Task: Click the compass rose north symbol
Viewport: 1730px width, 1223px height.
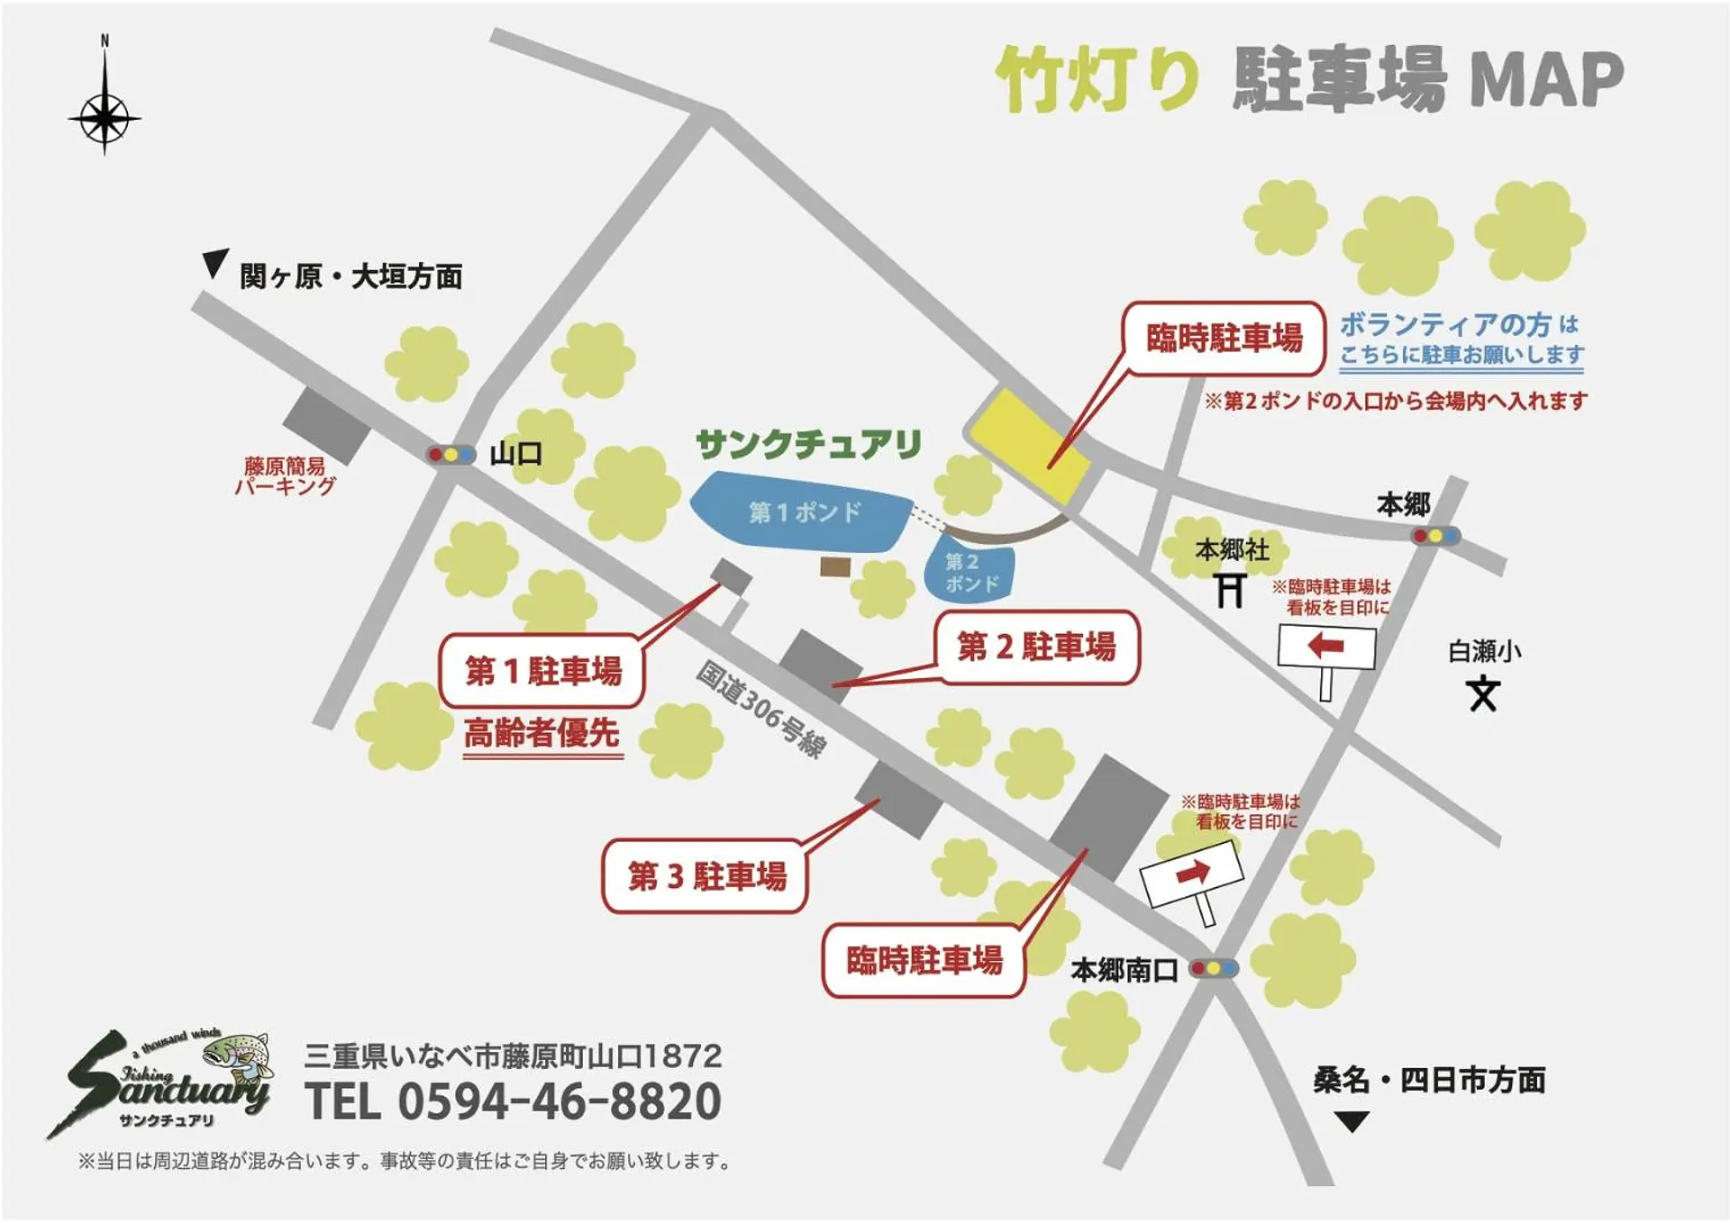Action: (x=105, y=115)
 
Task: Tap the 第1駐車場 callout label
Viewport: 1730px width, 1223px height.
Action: (x=542, y=671)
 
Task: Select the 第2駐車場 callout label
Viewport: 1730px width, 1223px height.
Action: (x=1036, y=647)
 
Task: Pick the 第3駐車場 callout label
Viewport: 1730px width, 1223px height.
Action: (x=706, y=875)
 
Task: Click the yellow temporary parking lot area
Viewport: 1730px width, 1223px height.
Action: (x=1027, y=445)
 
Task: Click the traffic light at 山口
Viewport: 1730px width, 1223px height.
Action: (x=451, y=455)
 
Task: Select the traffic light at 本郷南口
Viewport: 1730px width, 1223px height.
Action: (x=1214, y=969)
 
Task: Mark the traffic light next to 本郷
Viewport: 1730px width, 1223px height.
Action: (x=1435, y=537)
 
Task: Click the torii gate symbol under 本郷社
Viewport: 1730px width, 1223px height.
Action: (x=1231, y=592)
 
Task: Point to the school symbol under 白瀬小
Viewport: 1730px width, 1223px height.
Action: (x=1483, y=694)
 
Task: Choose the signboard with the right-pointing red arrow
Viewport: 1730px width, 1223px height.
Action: (x=1191, y=873)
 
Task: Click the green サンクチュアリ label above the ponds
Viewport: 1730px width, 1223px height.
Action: (x=808, y=444)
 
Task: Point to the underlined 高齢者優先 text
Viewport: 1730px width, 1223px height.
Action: (x=542, y=734)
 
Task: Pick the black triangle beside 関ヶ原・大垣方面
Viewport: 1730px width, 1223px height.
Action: (x=214, y=263)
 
